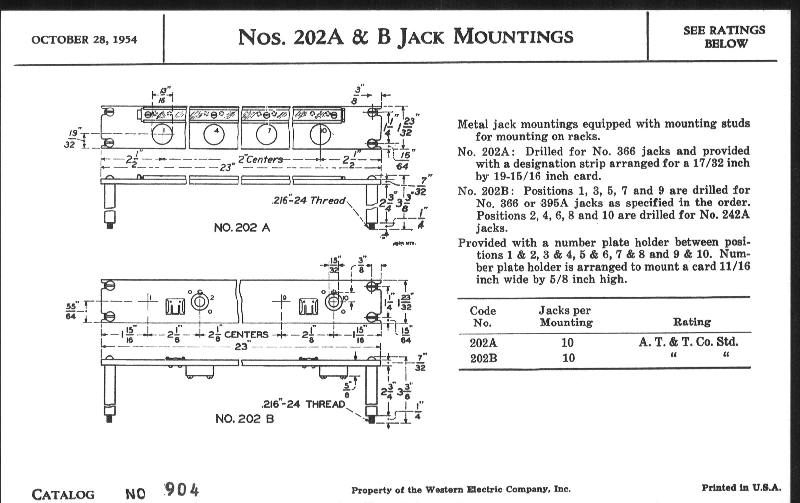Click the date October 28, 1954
pos(84,40)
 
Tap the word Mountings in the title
pos(513,36)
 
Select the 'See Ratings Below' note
pos(724,37)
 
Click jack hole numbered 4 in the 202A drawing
pos(214,135)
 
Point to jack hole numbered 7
pos(267,135)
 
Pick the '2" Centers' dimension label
pos(261,159)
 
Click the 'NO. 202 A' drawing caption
pos(242,228)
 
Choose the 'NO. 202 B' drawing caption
pos(245,419)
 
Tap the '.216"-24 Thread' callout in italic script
pos(309,201)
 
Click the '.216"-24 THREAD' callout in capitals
pos(303,404)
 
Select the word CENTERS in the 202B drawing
pos(246,335)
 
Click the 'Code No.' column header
pos(483,316)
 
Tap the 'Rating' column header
pos(692,322)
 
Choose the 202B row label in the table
pos(484,359)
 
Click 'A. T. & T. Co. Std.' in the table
pos(688,342)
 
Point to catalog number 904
pos(182,490)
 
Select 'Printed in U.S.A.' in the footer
pos(741,488)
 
